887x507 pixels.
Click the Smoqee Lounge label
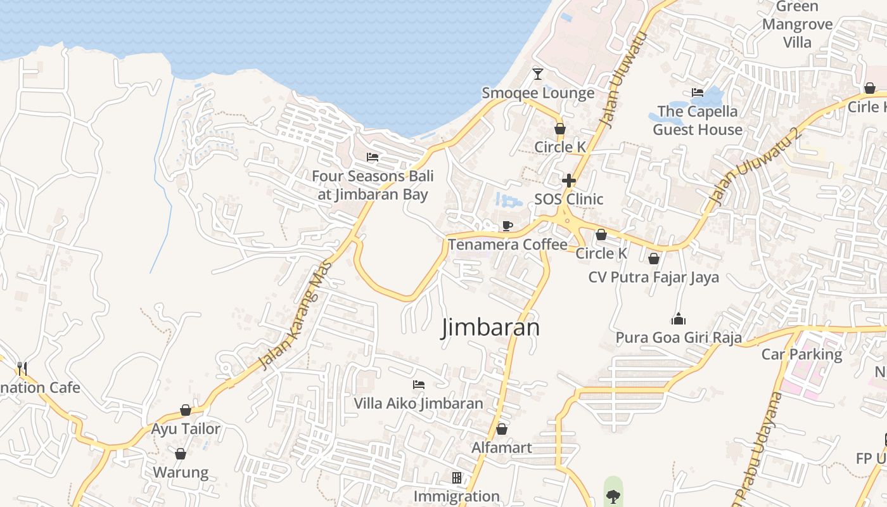click(538, 93)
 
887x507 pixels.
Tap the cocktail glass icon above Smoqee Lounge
click(538, 74)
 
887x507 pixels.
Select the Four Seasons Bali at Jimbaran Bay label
click(373, 185)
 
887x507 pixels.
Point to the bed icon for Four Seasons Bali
click(373, 157)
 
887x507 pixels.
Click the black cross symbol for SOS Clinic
click(569, 181)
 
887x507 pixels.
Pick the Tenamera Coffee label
click(507, 245)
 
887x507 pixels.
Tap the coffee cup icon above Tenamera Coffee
click(507, 226)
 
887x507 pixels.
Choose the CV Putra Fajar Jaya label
click(653, 278)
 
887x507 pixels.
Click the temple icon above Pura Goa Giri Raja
click(679, 318)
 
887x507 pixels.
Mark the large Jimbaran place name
click(490, 328)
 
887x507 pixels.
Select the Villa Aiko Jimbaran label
click(418, 404)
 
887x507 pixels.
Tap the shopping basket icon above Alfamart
click(502, 429)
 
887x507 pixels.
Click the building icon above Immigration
click(456, 477)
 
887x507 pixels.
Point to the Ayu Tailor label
click(186, 429)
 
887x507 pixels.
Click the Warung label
click(181, 473)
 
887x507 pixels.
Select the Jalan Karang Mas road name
click(296, 314)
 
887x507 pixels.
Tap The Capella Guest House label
click(698, 120)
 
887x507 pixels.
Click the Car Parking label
click(801, 354)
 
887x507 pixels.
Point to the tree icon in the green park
click(613, 496)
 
